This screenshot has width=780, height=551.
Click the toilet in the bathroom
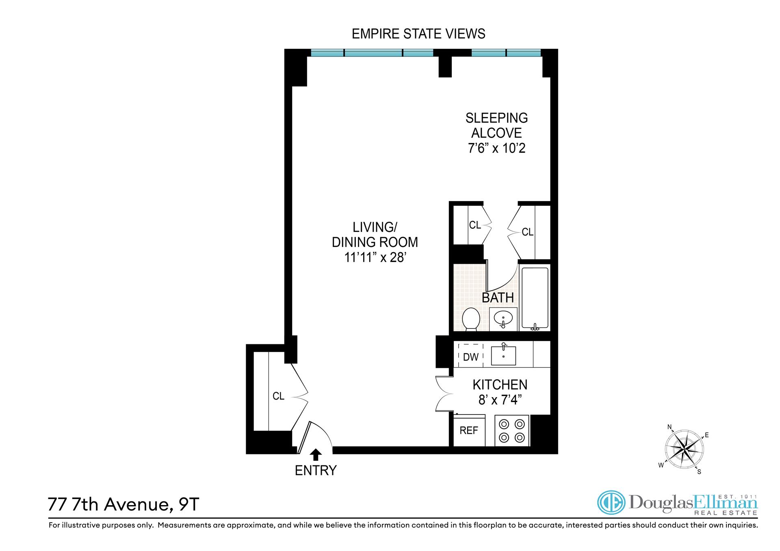tap(471, 319)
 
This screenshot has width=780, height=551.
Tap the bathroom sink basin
tap(503, 320)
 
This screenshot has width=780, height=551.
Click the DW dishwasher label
tap(471, 357)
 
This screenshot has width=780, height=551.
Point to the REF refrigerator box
tap(469, 431)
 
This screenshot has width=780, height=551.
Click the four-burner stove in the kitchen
tap(512, 431)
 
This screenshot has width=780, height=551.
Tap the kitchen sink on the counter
tap(503, 356)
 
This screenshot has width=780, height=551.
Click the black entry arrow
tap(316, 454)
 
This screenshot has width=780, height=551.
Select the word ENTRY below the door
tap(316, 471)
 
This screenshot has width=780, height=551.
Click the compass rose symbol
tap(685, 449)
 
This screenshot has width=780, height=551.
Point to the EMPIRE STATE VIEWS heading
tap(418, 34)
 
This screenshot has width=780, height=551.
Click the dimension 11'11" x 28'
tap(375, 257)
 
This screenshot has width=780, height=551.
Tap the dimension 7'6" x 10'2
tap(496, 148)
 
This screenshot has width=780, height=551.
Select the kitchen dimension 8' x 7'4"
tap(500, 400)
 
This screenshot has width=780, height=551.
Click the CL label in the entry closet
tap(278, 396)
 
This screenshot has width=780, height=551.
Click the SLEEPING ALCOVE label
tap(496, 125)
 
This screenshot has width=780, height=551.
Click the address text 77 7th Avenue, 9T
tap(123, 504)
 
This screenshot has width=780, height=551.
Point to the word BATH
tap(498, 298)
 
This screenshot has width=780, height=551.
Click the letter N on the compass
tap(669, 427)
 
